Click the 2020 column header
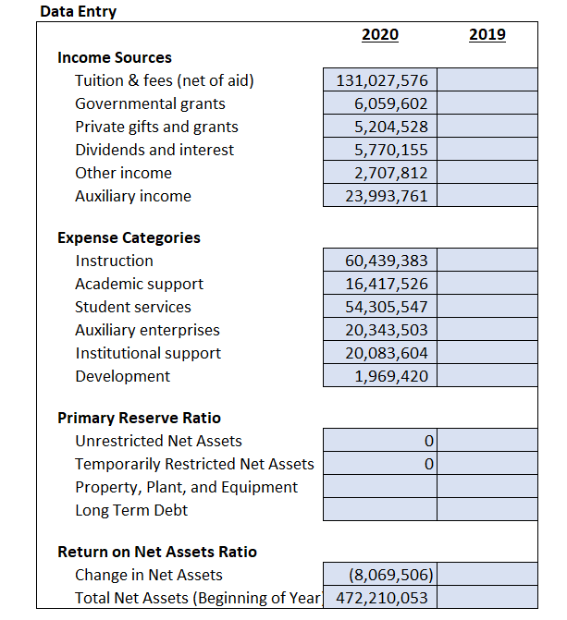[380, 35]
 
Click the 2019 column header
[487, 35]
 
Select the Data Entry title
[79, 11]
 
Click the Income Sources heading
[115, 57]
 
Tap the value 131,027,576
[380, 80]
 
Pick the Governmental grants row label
[150, 103]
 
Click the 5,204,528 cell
[380, 127]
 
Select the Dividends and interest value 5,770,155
[380, 150]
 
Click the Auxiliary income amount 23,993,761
[380, 196]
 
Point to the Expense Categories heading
[129, 237]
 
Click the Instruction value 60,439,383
[380, 261]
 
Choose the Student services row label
[133, 307]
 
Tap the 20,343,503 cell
[380, 330]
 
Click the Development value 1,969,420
[380, 376]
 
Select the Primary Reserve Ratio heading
[139, 418]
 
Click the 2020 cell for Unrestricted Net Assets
[380, 441]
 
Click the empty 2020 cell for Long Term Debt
[380, 510]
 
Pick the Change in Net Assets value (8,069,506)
[380, 575]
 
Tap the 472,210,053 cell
[380, 598]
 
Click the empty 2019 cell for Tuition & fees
[487, 80]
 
